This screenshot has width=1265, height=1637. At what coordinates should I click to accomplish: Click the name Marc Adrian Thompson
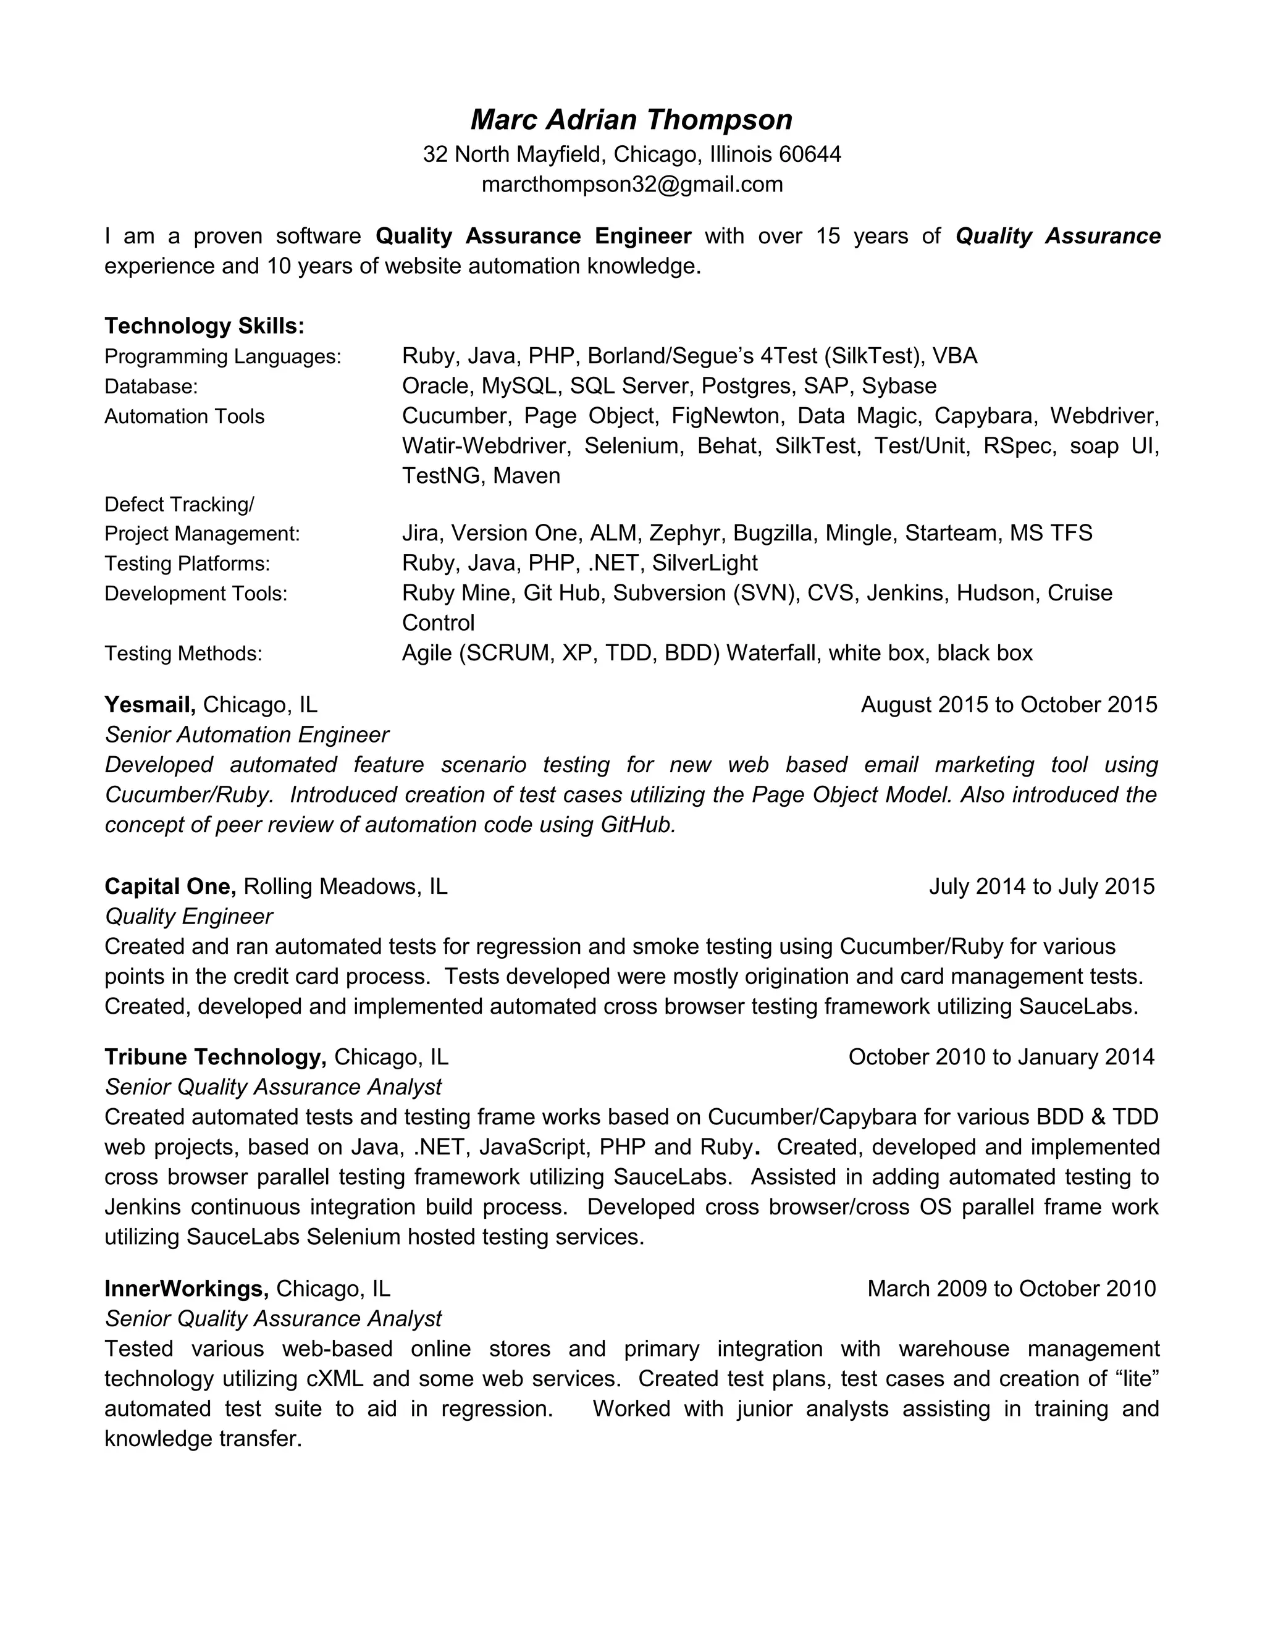pos(631,120)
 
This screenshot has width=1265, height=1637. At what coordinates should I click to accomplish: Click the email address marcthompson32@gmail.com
pos(632,184)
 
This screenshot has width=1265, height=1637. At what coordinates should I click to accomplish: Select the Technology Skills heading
pos(204,326)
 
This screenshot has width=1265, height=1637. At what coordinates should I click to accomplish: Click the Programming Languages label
pos(222,357)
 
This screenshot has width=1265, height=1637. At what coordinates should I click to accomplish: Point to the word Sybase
pos(899,386)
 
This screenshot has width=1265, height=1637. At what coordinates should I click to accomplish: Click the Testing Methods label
pos(183,654)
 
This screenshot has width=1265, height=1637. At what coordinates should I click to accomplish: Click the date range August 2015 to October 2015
pos(1009,705)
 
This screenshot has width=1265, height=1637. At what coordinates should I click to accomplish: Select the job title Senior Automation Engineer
pos(246,735)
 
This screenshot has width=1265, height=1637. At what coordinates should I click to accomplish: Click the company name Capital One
pos(170,886)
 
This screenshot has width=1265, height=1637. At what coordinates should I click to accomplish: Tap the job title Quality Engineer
pos(189,917)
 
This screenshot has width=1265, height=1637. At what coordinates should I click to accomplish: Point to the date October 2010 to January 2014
pos(1001,1058)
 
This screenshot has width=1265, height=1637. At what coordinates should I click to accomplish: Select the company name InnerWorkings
pos(187,1289)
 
